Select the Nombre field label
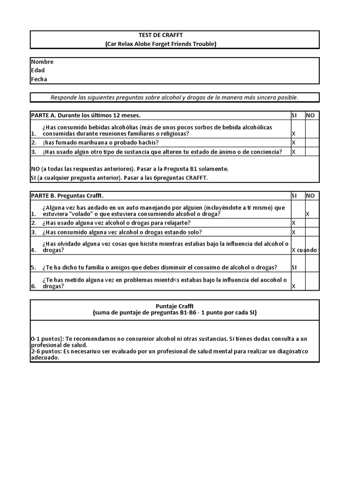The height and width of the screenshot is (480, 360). point(42,62)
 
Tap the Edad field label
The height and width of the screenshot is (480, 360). point(38,70)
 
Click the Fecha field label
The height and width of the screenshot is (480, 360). point(39,79)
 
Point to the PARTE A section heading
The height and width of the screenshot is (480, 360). point(86,115)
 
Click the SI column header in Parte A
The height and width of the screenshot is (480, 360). point(295,115)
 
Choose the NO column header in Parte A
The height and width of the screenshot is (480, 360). point(310,115)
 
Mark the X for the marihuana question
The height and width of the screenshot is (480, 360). point(294,142)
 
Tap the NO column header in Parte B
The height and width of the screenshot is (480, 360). point(310,195)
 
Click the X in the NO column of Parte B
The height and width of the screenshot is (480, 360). point(307,214)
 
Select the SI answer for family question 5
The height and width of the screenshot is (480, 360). point(295,268)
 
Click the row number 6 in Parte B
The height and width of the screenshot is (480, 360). point(33,286)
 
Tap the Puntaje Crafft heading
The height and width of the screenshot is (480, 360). point(174,306)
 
